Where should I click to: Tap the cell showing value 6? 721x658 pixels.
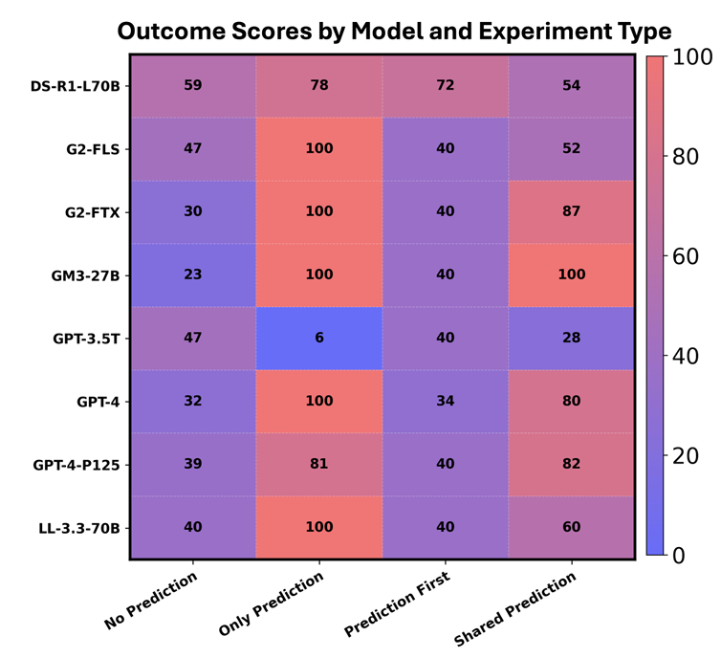click(319, 339)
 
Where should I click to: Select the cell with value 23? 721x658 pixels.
click(192, 275)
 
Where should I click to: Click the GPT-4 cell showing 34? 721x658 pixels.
click(446, 402)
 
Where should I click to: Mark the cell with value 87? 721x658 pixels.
click(572, 212)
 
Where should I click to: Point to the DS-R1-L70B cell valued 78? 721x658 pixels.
click(319, 86)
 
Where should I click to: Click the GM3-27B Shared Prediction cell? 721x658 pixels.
click(572, 275)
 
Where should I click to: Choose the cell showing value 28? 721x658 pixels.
click(572, 339)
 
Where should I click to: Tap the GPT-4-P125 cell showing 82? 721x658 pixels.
click(572, 465)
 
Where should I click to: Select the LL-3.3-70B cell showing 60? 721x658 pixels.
click(572, 528)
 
